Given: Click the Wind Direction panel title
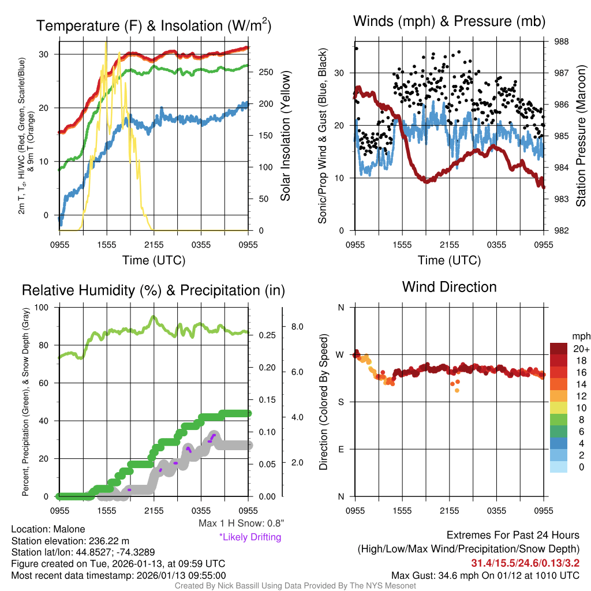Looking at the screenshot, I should pos(449,286).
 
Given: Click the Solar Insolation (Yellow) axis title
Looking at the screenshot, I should pos(285,136).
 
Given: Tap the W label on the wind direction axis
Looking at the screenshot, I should pos(341,354).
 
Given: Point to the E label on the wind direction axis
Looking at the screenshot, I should pos(341,449).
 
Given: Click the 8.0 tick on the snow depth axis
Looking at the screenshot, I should pos(297,327).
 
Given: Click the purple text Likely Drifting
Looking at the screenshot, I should pos(250,537).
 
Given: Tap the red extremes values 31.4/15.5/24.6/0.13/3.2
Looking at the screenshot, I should pos(525,563).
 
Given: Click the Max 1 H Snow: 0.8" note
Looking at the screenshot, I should pos(241,523).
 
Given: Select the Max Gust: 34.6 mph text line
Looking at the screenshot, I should pos(485,575).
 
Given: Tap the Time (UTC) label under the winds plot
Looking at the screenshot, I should pos(449,260).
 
